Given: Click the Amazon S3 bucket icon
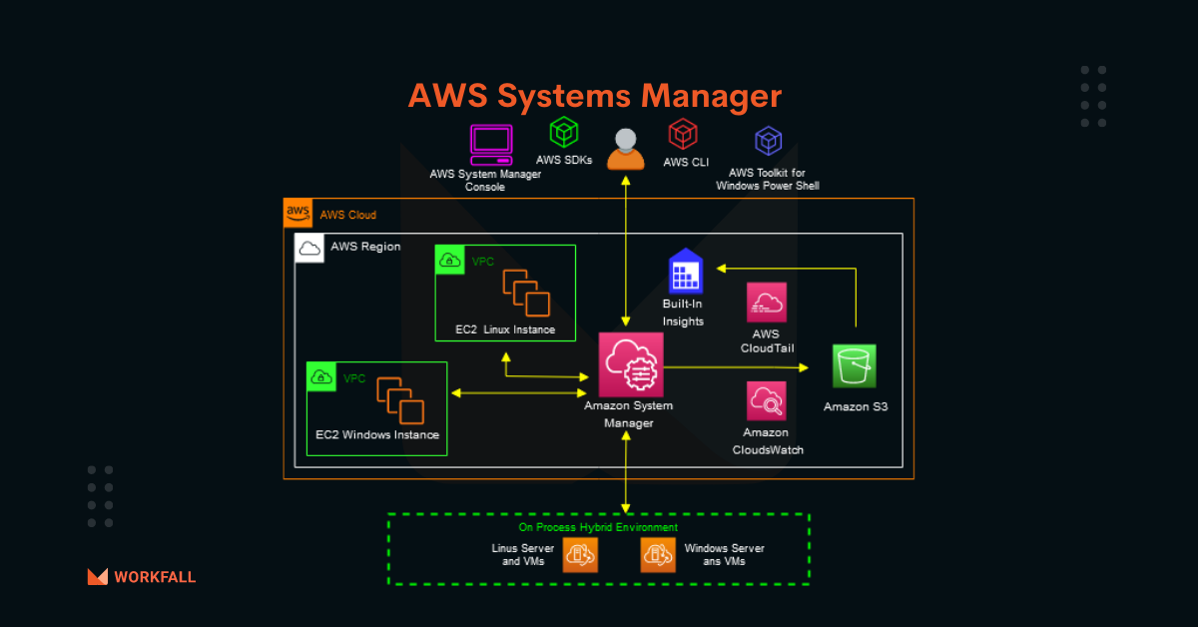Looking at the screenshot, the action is (x=855, y=366).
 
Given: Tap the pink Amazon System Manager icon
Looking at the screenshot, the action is (x=631, y=364).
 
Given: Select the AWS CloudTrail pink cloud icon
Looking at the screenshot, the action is (x=767, y=303).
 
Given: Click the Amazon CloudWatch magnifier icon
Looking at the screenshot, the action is (x=767, y=401).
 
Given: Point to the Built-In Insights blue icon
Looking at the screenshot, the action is (x=686, y=272).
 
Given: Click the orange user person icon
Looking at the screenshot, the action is (x=626, y=149).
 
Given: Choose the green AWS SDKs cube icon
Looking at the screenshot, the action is (x=564, y=132).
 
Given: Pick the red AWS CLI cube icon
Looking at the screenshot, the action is (x=683, y=134).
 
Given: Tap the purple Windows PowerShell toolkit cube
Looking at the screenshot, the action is (x=769, y=141).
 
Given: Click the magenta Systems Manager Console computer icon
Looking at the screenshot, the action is (x=491, y=145).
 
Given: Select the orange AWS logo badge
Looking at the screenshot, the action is (x=298, y=213).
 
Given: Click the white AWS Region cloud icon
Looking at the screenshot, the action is (x=309, y=248).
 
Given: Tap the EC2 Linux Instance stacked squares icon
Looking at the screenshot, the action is (x=526, y=293).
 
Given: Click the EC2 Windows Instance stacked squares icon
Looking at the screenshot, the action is (x=400, y=400).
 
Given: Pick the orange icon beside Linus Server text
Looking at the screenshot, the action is (x=580, y=555).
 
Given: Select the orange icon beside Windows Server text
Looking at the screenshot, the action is (x=658, y=555).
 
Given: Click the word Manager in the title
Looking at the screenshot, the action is (x=711, y=96).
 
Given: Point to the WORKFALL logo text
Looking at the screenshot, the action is (x=155, y=577).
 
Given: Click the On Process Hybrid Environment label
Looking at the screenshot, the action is (x=598, y=527).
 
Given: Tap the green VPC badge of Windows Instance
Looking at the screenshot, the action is (x=321, y=377).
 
